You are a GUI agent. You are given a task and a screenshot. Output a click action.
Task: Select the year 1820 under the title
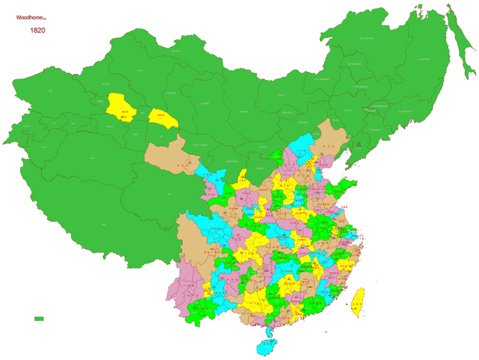click(38, 31)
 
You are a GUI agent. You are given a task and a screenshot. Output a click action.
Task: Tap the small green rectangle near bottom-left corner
click(39, 318)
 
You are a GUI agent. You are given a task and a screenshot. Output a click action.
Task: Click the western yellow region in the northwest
click(120, 106)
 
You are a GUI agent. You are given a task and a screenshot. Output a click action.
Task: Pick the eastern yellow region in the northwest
click(163, 118)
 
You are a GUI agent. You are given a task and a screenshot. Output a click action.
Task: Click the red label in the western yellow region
click(124, 112)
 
